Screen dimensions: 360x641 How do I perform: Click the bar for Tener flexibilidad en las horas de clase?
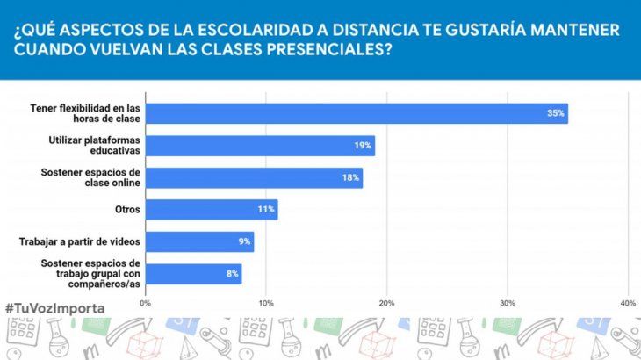(356, 113)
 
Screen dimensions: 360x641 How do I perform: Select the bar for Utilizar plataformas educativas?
(260, 146)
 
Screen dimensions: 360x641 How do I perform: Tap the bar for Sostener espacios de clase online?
(254, 177)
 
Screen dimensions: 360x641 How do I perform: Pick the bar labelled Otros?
(212, 209)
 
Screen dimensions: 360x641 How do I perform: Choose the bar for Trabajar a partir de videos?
(199, 241)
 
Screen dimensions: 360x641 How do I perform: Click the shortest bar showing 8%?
(193, 274)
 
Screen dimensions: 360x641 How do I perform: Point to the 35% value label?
(555, 113)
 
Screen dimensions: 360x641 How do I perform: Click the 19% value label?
(363, 146)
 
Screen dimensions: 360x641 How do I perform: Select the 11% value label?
(266, 209)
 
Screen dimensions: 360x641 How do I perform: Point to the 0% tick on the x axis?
(146, 303)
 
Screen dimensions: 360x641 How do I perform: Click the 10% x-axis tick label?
(266, 303)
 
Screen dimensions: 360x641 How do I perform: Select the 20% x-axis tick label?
(386, 303)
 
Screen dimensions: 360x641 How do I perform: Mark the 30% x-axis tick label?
(507, 303)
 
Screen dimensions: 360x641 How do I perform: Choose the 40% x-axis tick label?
(627, 303)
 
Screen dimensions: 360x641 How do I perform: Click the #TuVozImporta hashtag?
(54, 308)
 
